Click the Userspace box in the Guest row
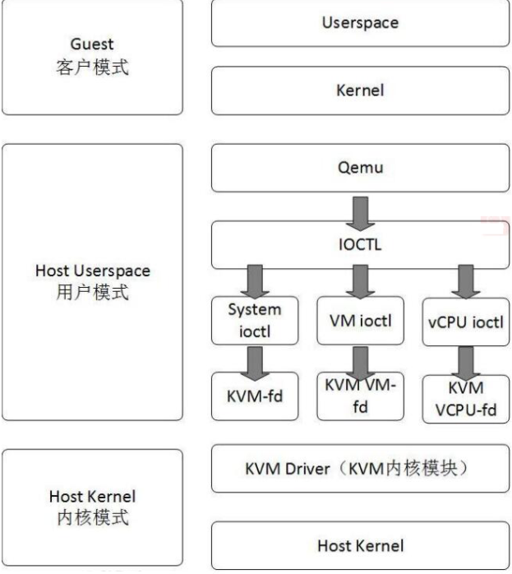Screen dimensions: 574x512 pyautogui.click(x=362, y=22)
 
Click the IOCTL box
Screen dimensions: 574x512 pyautogui.click(x=362, y=245)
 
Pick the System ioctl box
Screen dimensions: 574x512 pyautogui.click(x=254, y=319)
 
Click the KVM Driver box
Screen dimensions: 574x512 pyautogui.click(x=362, y=469)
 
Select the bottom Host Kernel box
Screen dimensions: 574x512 pyautogui.click(x=362, y=544)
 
